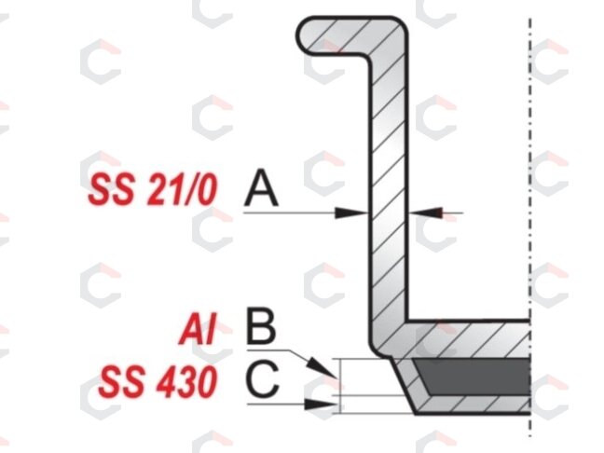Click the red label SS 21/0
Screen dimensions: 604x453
pos(153,189)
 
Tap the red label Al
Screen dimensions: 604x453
pos(198,329)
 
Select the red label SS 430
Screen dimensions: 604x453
pos(158,382)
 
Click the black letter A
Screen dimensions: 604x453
pos(261,187)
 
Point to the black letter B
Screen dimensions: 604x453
pos(261,325)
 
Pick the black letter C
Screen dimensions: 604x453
pos(262,379)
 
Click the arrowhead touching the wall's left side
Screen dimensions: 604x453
pos(351,213)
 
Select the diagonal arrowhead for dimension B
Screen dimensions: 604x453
pos(322,367)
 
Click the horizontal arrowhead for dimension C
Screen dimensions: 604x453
pos(321,405)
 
